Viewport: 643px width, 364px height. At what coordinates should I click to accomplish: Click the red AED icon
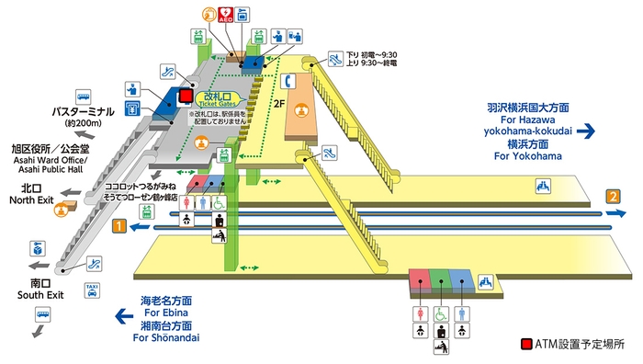tap(225, 14)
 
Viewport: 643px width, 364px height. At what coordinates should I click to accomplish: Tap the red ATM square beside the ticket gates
tap(186, 96)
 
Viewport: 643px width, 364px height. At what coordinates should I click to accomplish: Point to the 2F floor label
tap(279, 105)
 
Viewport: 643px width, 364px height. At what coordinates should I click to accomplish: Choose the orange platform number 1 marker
tap(118, 224)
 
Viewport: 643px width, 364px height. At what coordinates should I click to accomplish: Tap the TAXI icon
tap(92, 290)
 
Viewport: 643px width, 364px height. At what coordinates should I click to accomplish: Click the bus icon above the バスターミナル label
tap(85, 95)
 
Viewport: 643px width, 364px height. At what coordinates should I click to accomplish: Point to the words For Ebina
tap(166, 313)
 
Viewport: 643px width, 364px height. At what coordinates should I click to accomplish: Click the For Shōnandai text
tap(166, 337)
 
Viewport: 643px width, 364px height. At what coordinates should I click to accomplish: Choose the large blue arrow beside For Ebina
tap(123, 318)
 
